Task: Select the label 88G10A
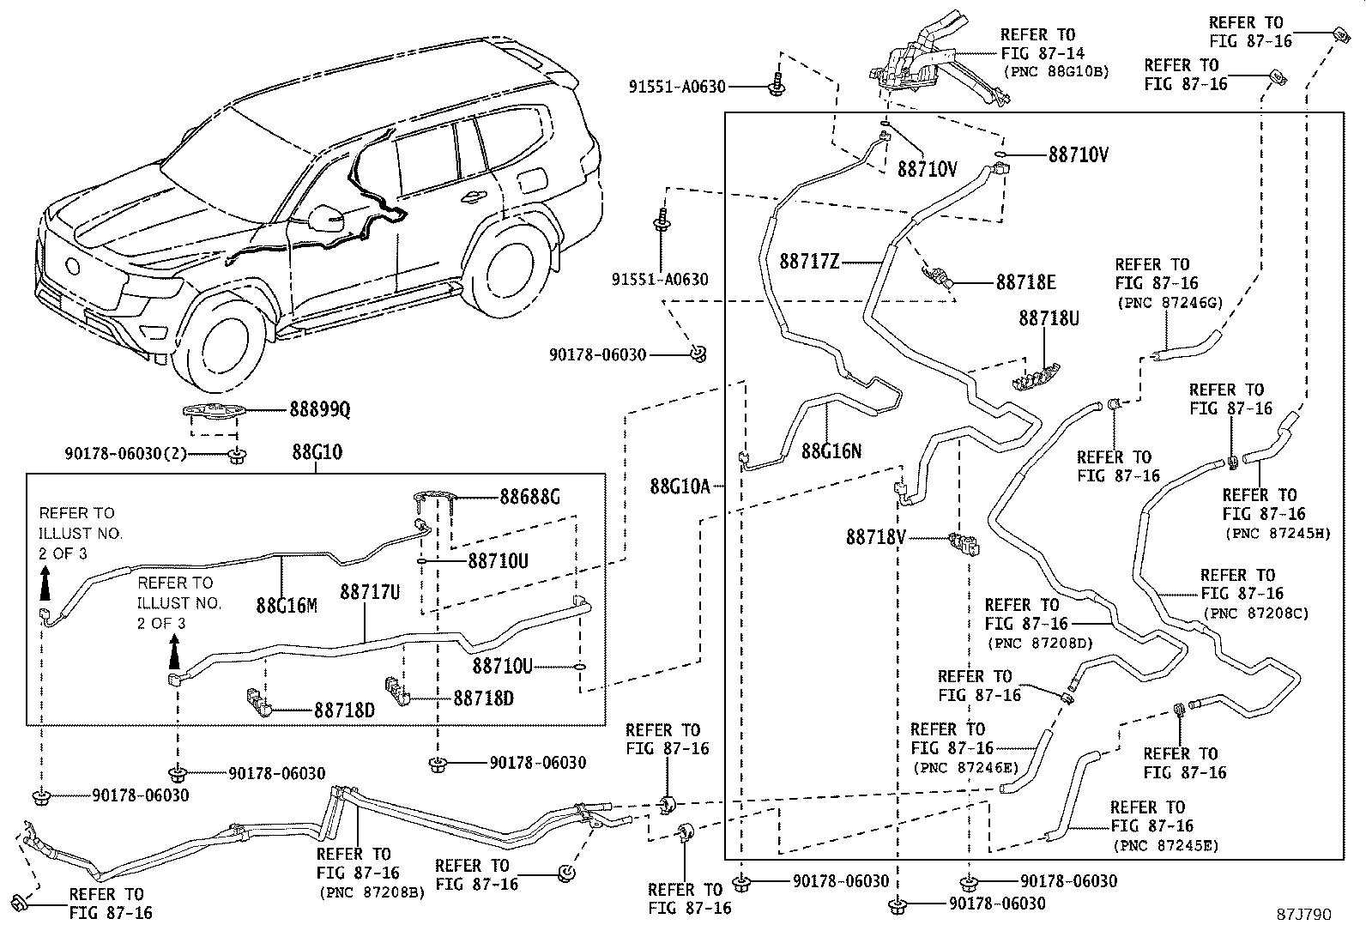point(680,487)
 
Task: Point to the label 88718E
point(1026,281)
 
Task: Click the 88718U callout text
point(1049,318)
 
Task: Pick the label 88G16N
point(831,450)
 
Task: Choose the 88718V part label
point(876,537)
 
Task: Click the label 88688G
point(530,496)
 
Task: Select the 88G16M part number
point(287,606)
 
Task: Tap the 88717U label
point(370,592)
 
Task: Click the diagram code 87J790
point(1303,915)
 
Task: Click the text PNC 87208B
point(370,892)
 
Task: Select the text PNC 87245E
point(1164,845)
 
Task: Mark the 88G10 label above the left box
point(317,451)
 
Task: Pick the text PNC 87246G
point(1170,302)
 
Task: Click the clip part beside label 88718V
point(964,543)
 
